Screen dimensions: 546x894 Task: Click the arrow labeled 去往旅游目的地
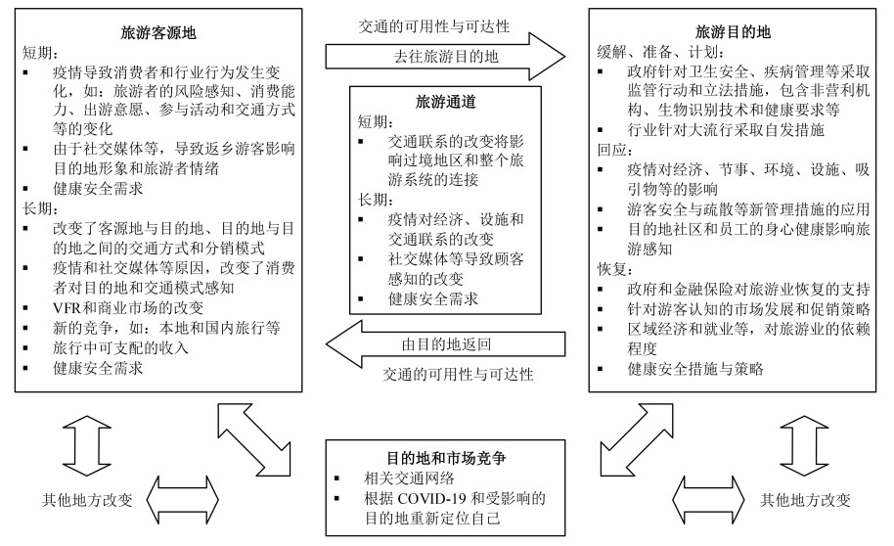[x=445, y=57]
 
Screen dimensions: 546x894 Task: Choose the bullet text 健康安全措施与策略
[x=694, y=368]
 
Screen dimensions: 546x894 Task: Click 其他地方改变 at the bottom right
[x=805, y=499]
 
